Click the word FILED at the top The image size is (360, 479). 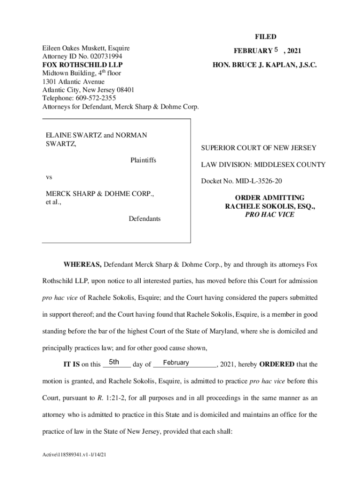[265, 36]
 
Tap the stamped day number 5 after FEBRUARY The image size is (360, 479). [276, 50]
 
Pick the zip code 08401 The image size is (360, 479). [125, 90]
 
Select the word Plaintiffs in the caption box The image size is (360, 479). [143, 160]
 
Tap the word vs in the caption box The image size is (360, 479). [49, 178]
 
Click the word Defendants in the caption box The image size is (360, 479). [144, 218]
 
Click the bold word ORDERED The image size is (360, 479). [277, 364]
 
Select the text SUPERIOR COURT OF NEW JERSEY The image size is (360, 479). [259, 148]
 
